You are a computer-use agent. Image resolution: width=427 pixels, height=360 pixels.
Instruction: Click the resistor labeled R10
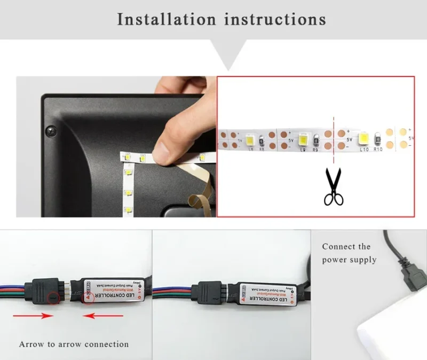[x=378, y=140]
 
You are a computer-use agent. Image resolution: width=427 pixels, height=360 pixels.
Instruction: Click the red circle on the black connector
[x=53, y=299]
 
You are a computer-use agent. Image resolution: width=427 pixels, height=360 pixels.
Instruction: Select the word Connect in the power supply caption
[x=339, y=247]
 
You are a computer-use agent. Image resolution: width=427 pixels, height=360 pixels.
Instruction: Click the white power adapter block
[x=398, y=336]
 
